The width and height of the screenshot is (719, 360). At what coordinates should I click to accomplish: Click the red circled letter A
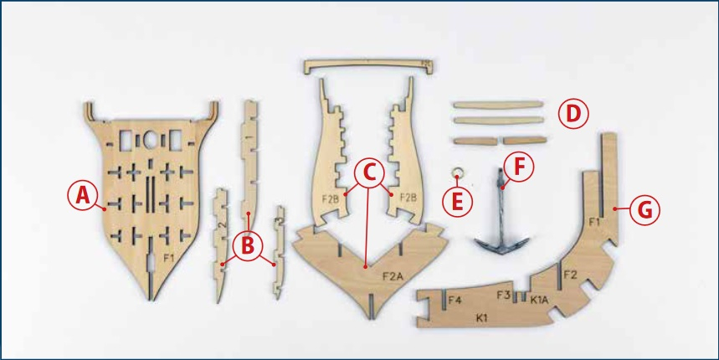coord(83,196)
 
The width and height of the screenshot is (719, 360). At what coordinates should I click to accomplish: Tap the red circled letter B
coord(248,246)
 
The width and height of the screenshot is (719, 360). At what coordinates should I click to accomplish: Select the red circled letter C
coord(369,172)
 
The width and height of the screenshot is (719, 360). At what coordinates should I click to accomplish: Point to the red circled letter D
coord(573,113)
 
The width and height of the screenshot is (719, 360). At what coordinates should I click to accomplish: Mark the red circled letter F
coord(519,167)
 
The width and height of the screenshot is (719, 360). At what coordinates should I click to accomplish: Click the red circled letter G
coord(645,210)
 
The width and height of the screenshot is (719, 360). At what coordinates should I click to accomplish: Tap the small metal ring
coord(457,173)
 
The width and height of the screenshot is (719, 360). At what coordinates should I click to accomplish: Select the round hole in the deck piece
coord(150,140)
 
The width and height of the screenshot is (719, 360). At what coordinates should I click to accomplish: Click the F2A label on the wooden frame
coord(392,276)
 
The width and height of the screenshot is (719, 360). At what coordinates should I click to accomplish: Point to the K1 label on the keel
coord(481,317)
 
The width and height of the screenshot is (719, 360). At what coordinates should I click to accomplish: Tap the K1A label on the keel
coord(540,300)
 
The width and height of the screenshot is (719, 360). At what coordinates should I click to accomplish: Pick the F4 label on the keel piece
coord(454,301)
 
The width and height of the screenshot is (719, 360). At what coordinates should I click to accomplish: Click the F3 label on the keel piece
coord(504,295)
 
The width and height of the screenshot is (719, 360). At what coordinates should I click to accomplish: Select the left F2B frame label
coord(331,199)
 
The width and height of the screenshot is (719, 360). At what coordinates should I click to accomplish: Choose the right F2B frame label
coord(408,198)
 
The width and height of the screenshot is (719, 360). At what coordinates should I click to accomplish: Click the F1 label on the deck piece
coord(169,258)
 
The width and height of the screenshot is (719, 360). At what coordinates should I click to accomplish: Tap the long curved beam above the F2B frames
coord(368,65)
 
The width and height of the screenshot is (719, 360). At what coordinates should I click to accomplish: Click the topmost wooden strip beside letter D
coord(497,105)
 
